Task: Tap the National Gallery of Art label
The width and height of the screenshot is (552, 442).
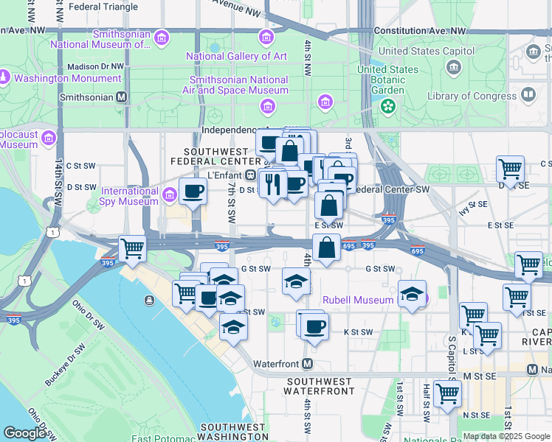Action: tap(236, 56)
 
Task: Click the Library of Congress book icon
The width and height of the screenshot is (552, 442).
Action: tap(528, 95)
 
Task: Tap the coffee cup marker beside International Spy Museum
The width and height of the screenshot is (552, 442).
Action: tap(194, 192)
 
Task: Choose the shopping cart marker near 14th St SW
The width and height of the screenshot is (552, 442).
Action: tap(132, 249)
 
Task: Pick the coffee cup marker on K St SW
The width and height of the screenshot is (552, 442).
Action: tap(314, 326)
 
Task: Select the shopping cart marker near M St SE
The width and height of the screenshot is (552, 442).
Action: tap(447, 393)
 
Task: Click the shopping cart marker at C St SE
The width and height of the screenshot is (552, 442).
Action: tap(510, 169)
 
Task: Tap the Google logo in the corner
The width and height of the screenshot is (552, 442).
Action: tap(25, 433)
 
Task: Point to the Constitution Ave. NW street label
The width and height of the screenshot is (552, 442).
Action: tap(420, 31)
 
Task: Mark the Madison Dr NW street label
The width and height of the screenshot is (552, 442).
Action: tap(94, 66)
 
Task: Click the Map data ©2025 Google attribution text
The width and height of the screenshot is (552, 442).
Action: tap(506, 436)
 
